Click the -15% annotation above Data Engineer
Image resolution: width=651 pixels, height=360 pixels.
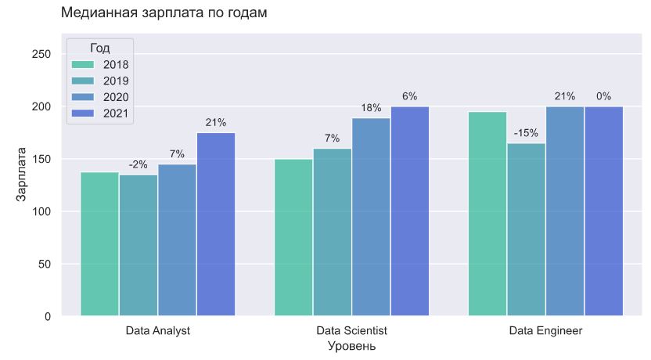[x=526, y=133]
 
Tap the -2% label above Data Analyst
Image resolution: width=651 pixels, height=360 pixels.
[x=138, y=164]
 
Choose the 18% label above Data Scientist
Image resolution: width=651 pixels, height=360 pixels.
[x=371, y=108]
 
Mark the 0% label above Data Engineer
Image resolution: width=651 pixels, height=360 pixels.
[x=603, y=96]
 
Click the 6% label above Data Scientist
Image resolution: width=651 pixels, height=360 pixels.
[x=409, y=96]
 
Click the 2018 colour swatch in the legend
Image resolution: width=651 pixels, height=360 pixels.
[x=82, y=64]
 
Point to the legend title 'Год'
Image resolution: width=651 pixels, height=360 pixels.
[x=99, y=48]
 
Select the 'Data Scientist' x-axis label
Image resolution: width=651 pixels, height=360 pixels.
[x=351, y=331]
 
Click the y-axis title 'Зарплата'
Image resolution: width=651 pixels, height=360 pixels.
[x=22, y=175]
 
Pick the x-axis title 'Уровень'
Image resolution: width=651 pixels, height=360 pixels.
[x=351, y=346]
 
